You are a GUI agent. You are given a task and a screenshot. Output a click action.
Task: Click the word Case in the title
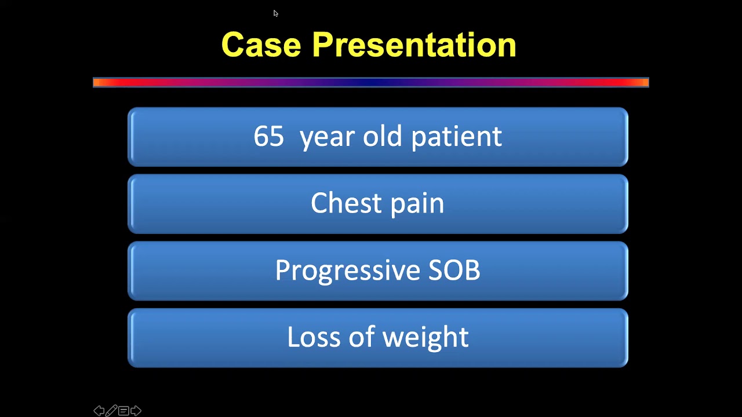pyautogui.click(x=261, y=45)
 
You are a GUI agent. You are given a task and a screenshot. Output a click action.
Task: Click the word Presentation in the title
pyautogui.click(x=414, y=45)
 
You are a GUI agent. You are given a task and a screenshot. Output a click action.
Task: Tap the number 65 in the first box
pyautogui.click(x=268, y=137)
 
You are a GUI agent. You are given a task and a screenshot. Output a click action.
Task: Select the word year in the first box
pyautogui.click(x=327, y=137)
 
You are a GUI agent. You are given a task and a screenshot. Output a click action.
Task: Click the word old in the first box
pyautogui.click(x=382, y=137)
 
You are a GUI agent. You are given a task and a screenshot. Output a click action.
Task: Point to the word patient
pyautogui.click(x=456, y=137)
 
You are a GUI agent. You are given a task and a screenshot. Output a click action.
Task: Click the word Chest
pyautogui.click(x=337, y=203)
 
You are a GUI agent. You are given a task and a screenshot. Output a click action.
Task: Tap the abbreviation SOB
pyautogui.click(x=454, y=270)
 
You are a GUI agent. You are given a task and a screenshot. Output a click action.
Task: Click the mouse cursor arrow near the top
pyautogui.click(x=275, y=13)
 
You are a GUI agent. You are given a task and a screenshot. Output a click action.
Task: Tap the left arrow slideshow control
pyautogui.click(x=99, y=411)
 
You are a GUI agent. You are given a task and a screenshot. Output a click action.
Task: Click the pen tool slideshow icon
pyautogui.click(x=111, y=411)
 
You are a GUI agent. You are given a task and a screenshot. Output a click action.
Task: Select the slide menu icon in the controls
pyautogui.click(x=123, y=411)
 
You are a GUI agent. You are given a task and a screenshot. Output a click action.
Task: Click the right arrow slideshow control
pyautogui.click(x=136, y=411)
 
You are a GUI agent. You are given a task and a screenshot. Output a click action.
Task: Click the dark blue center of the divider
pyautogui.click(x=371, y=82)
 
